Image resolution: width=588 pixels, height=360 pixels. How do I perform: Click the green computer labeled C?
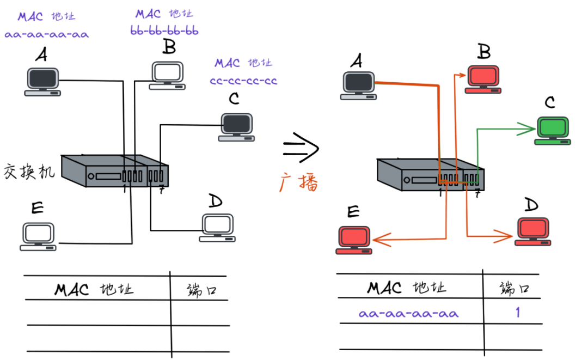553,131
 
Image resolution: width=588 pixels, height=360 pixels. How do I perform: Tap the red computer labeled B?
483,80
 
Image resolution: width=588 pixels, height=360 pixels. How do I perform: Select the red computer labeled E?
354,240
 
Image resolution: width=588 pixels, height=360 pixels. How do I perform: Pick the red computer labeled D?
533,232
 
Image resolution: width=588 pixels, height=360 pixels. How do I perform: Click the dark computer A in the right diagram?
358,86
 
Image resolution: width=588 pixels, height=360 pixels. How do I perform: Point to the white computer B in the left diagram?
167,76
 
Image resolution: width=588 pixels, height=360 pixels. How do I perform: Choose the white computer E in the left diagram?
38,236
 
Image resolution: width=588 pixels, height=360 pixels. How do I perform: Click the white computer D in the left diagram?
217,228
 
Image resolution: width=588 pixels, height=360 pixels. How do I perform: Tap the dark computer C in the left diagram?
237,127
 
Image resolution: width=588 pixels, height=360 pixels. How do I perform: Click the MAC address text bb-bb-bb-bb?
164,30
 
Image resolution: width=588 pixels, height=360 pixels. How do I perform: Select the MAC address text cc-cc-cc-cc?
243,81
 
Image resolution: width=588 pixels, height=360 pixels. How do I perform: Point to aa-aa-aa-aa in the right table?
408,314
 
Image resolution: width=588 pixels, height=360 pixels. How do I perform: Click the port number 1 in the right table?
518,312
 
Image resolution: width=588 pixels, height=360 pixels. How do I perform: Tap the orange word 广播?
299,182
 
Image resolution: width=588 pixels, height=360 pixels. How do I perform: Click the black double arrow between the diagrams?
301,148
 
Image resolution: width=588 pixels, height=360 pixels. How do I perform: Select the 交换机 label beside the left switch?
29,172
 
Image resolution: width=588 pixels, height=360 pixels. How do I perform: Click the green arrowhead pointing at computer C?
526,129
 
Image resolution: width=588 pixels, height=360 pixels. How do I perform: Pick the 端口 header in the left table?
202,290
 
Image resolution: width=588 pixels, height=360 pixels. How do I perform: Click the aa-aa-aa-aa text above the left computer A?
46,34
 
